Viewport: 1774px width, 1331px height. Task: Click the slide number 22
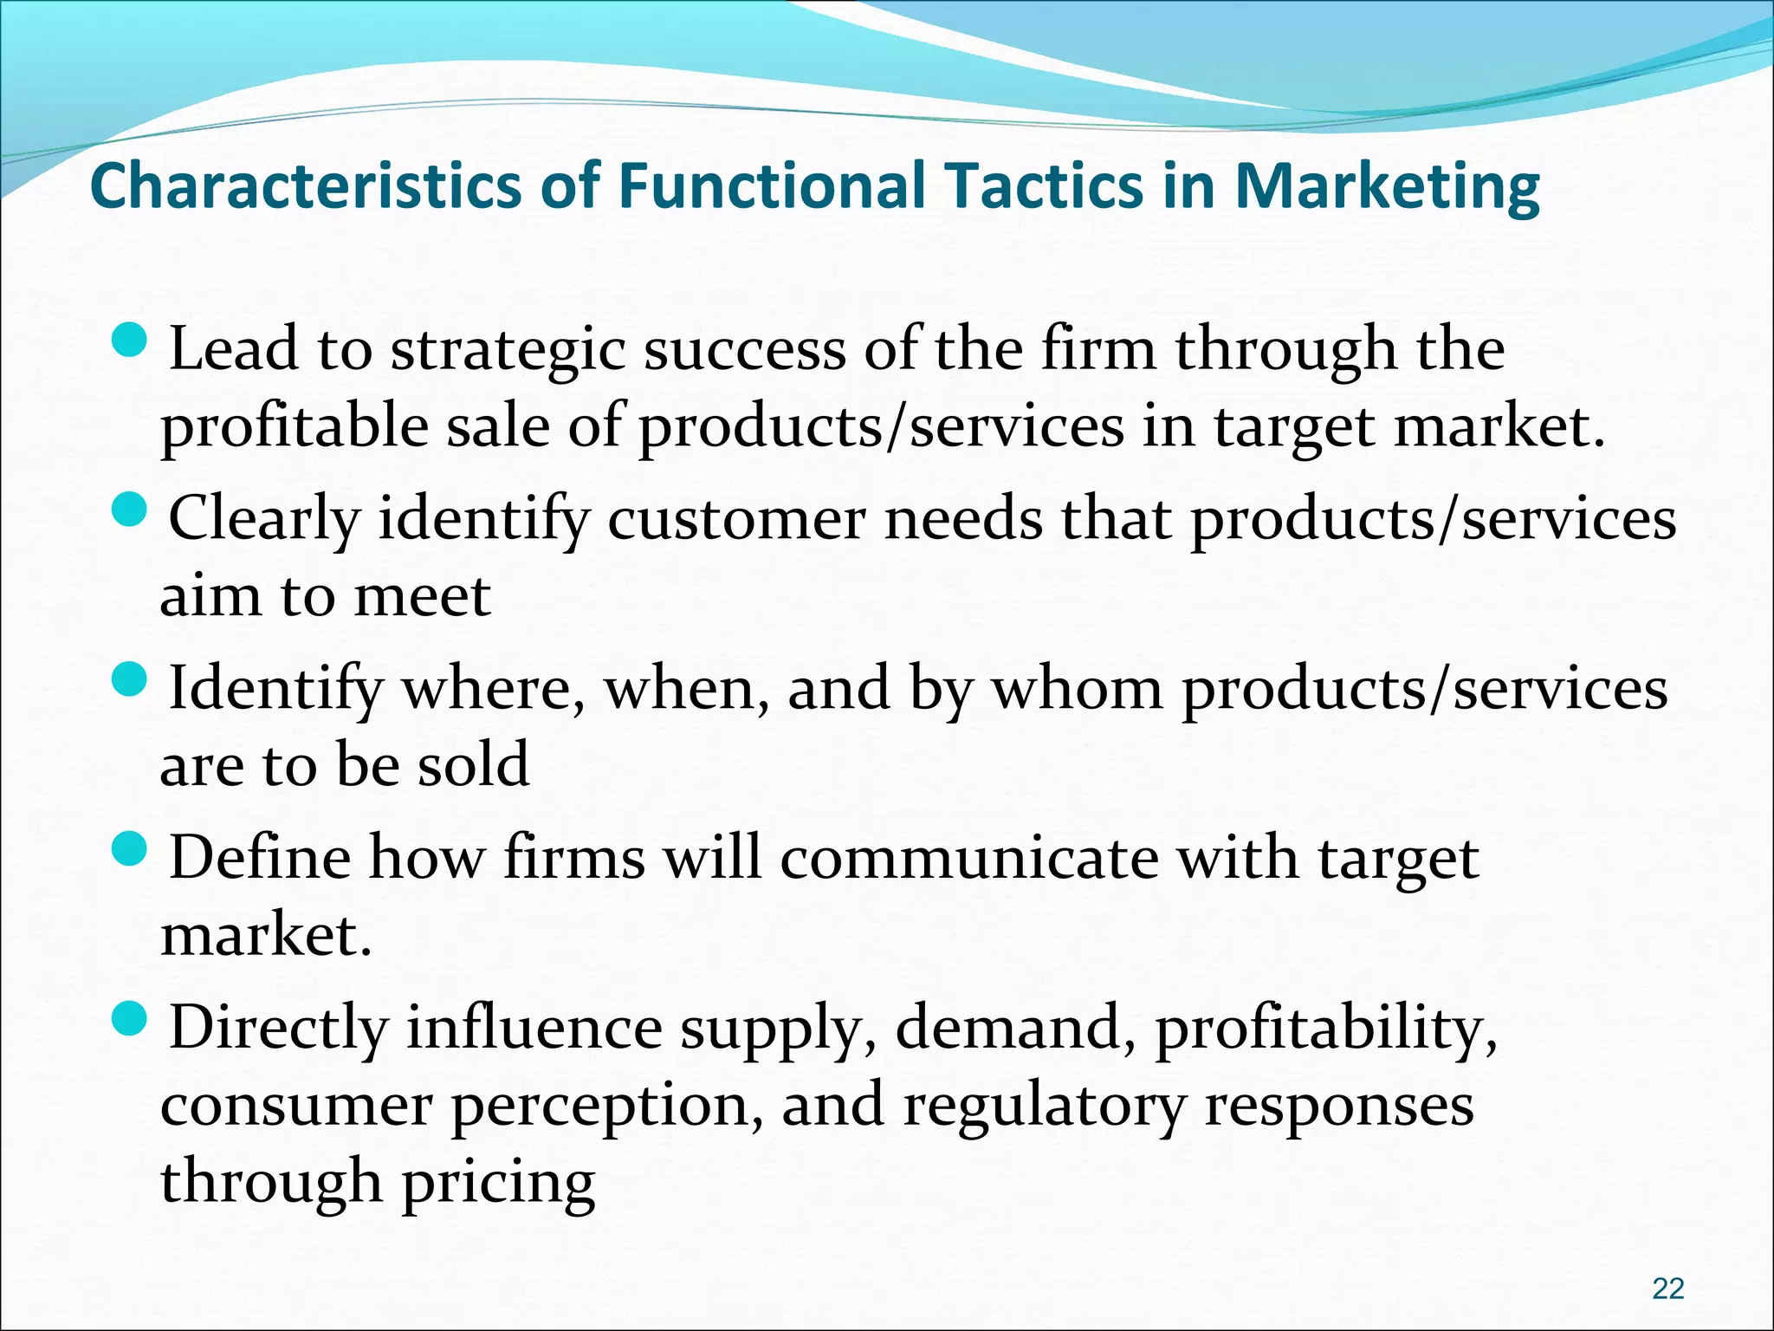click(1667, 1289)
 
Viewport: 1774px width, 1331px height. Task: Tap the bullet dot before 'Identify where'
click(132, 680)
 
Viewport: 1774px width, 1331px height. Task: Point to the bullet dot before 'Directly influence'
click(132, 1020)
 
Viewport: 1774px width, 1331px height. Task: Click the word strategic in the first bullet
click(508, 350)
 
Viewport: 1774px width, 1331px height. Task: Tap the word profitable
click(295, 426)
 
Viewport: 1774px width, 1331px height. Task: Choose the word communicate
click(969, 860)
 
